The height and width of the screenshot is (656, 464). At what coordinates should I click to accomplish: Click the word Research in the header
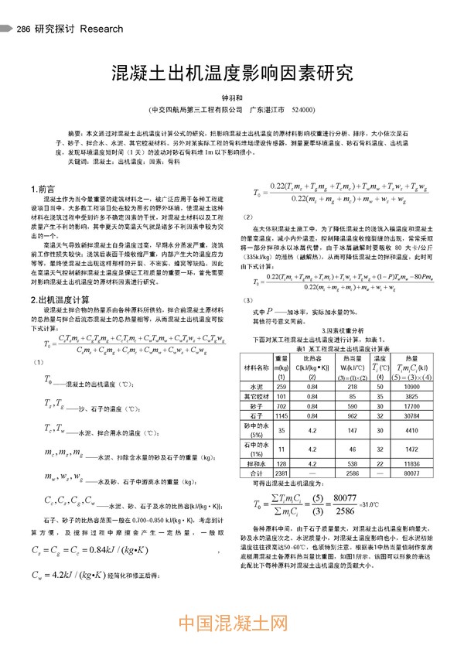click(101, 29)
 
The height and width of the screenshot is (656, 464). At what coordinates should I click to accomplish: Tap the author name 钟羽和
click(232, 98)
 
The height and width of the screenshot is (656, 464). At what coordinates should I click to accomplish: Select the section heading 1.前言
click(43, 189)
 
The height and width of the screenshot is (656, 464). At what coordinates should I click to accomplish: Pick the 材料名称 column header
click(260, 366)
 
